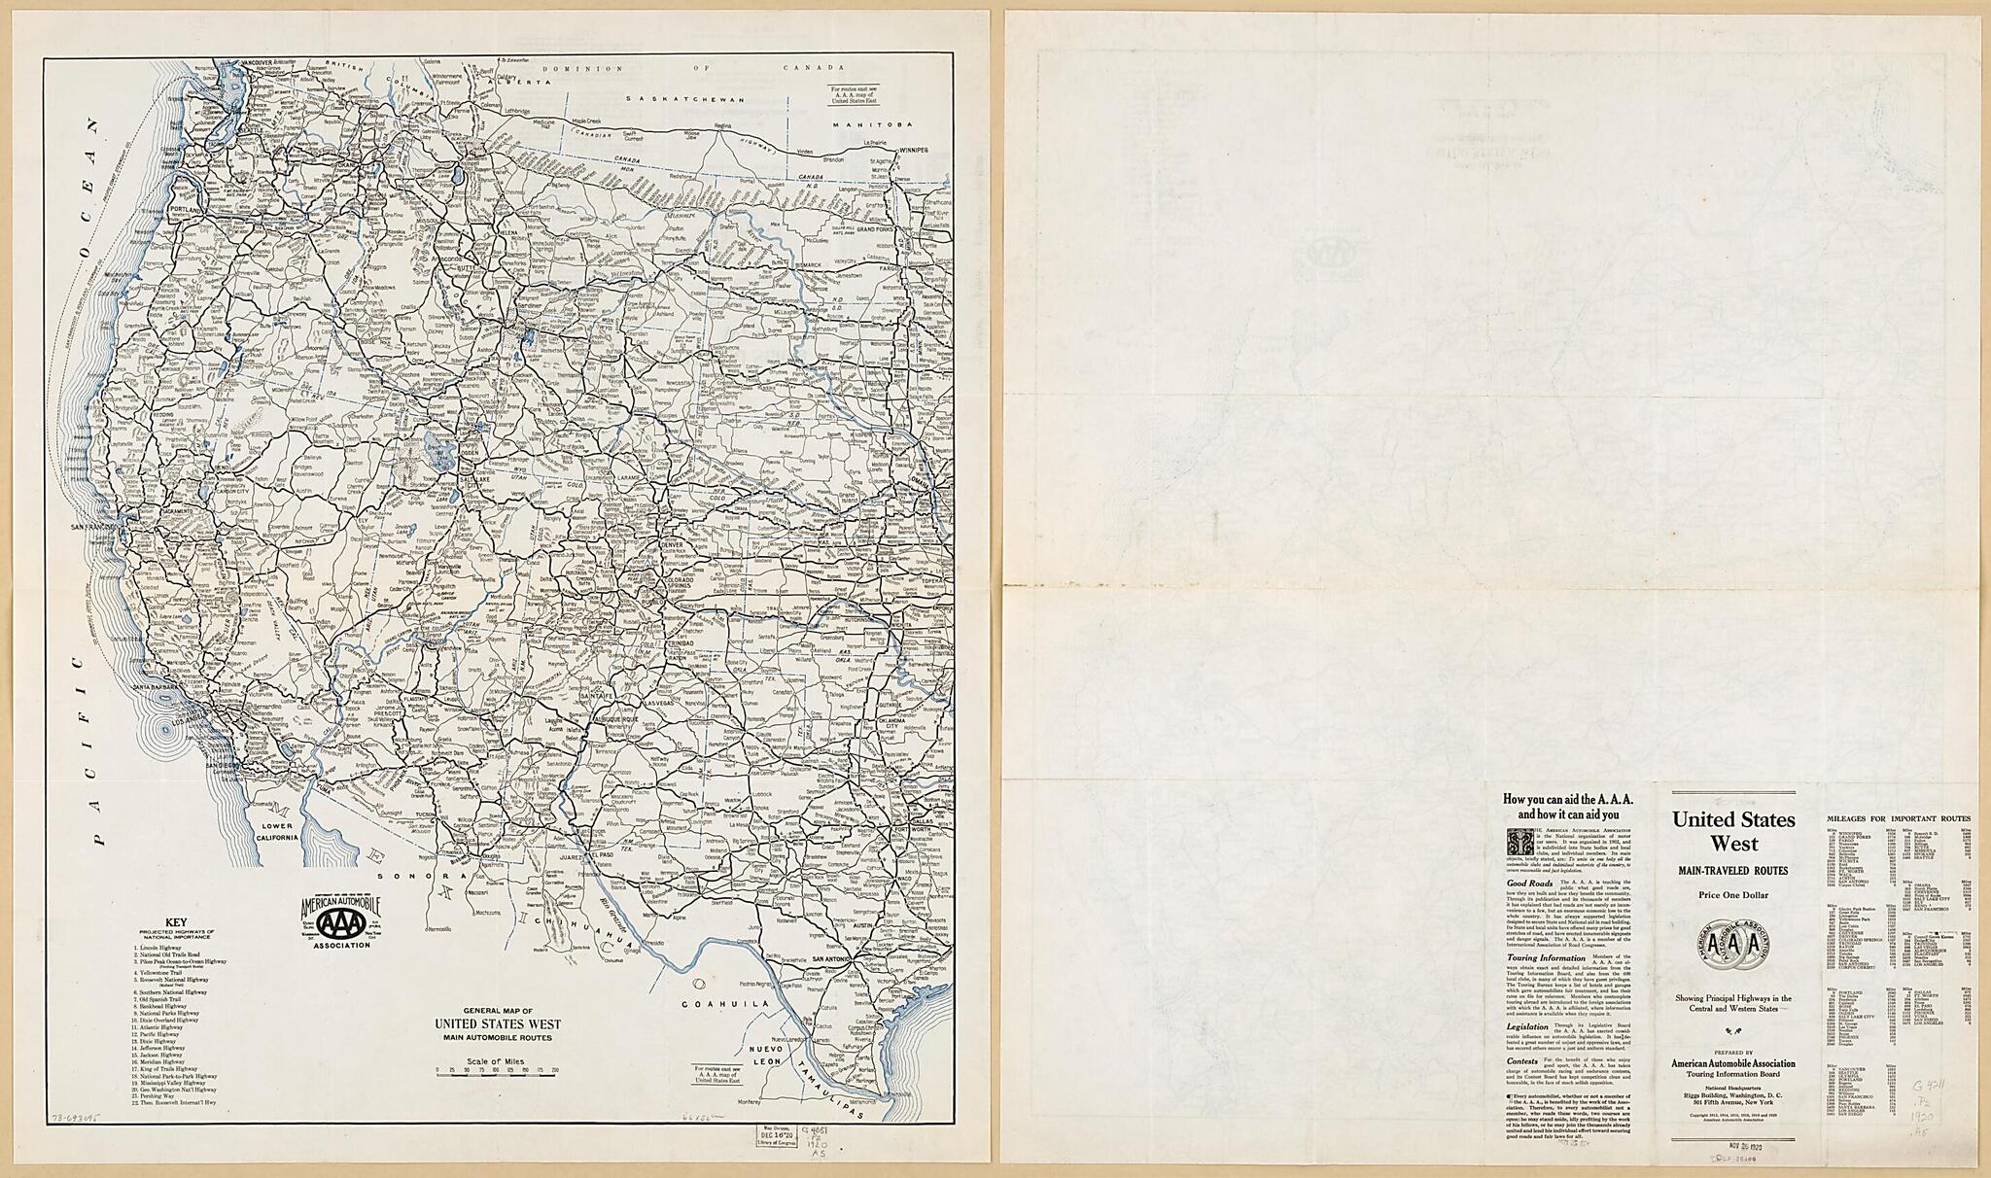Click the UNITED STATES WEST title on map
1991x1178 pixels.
[497, 1024]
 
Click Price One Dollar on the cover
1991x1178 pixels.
[1733, 894]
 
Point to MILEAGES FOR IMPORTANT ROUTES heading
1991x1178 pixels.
[1899, 819]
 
